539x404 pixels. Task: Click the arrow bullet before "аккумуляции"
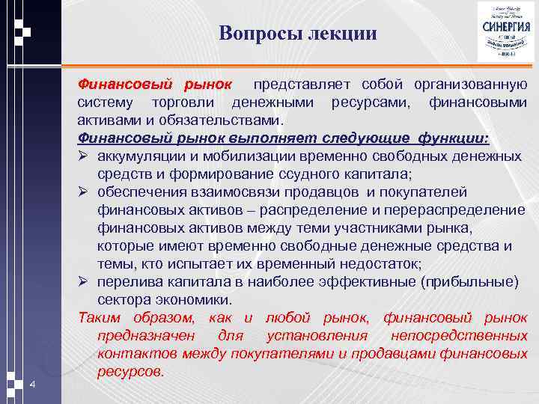[x=83, y=156]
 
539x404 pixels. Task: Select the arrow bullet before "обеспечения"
[x=83, y=192]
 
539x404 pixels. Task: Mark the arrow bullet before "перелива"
[x=83, y=281]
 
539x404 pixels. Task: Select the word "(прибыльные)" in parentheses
[x=469, y=281]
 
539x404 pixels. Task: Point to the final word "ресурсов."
[x=130, y=371]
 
